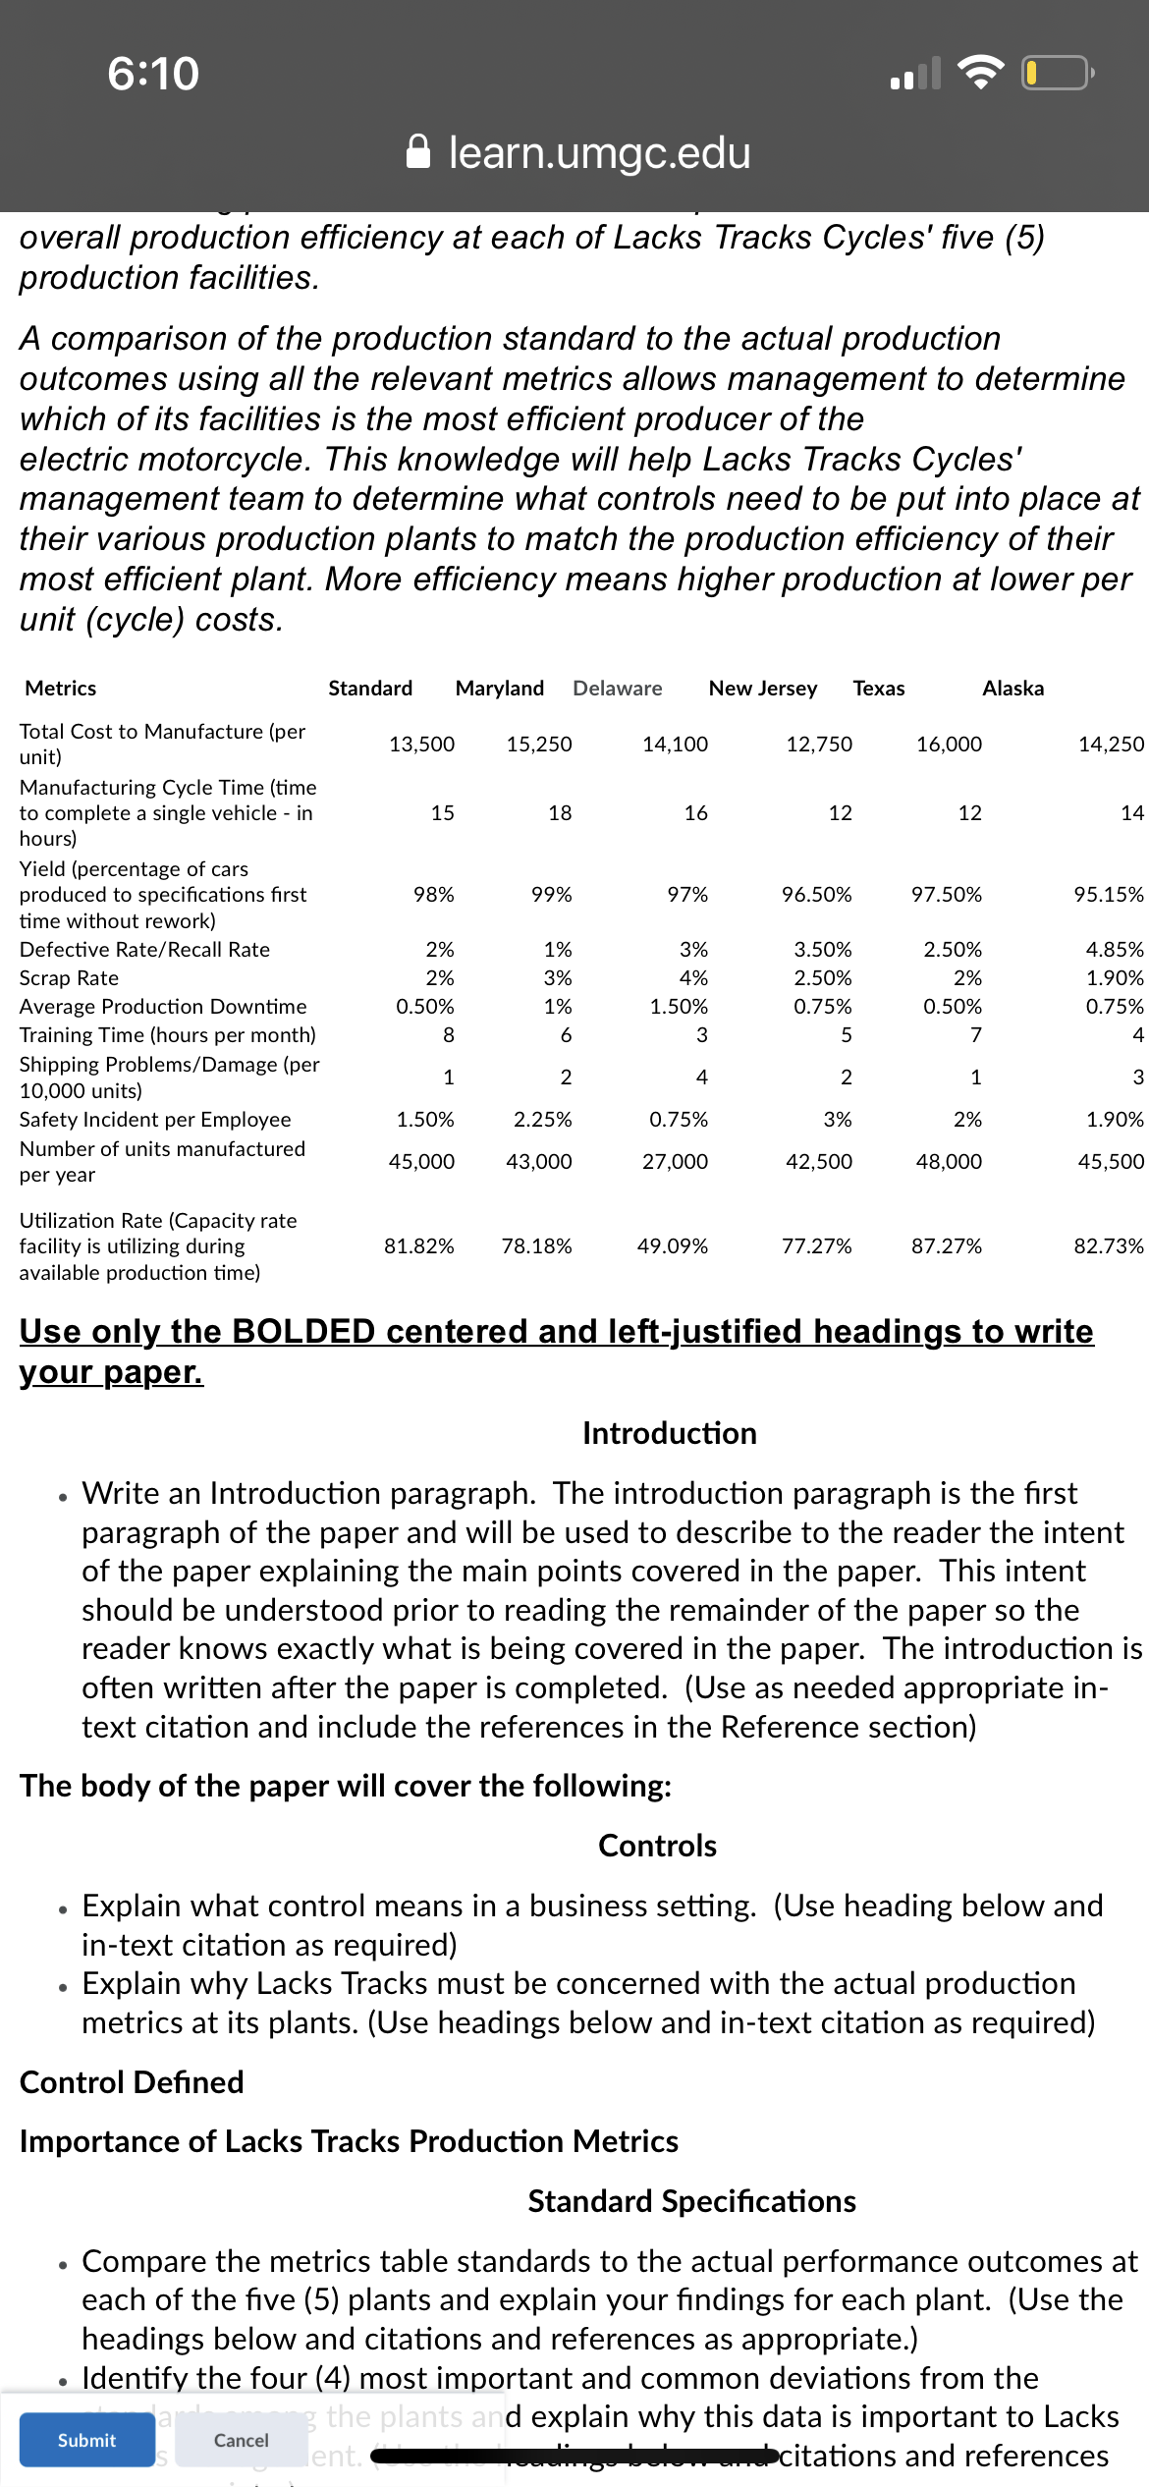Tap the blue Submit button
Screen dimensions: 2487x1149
[x=86, y=2440]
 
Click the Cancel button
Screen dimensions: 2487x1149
[x=241, y=2440]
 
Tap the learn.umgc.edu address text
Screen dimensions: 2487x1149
[x=599, y=152]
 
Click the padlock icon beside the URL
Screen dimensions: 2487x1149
[x=418, y=152]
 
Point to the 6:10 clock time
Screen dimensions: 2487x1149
[x=153, y=74]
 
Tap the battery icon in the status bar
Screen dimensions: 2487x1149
[x=1057, y=74]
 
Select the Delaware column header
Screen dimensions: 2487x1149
[x=618, y=689]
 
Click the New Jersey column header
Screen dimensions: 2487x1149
[x=763, y=689]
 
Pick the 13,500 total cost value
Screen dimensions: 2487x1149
[x=422, y=745]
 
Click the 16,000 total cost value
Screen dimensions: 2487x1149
[x=949, y=745]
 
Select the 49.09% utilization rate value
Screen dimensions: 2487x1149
[x=673, y=1246]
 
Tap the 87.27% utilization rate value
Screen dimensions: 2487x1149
[x=947, y=1246]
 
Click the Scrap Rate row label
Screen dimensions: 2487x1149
[x=69, y=978]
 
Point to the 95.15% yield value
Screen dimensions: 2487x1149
[x=1109, y=895]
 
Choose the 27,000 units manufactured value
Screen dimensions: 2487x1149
[x=675, y=1162]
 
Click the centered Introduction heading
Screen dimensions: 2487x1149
[x=670, y=1433]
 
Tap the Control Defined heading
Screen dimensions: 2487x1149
[x=132, y=2082]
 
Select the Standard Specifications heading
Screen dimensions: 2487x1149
[x=691, y=2201]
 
